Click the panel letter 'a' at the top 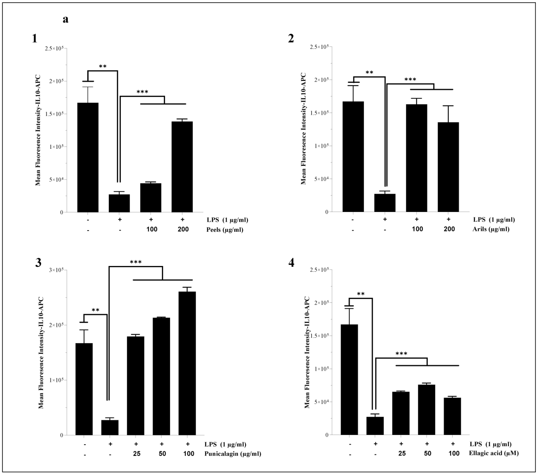click(x=65, y=19)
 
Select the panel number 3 click(x=38, y=263)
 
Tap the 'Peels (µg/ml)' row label click(x=225, y=230)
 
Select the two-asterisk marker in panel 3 click(x=95, y=310)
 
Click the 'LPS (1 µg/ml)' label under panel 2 click(x=494, y=220)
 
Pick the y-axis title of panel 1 click(x=38, y=130)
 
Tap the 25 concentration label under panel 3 click(x=137, y=454)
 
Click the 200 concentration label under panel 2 click(x=449, y=229)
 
